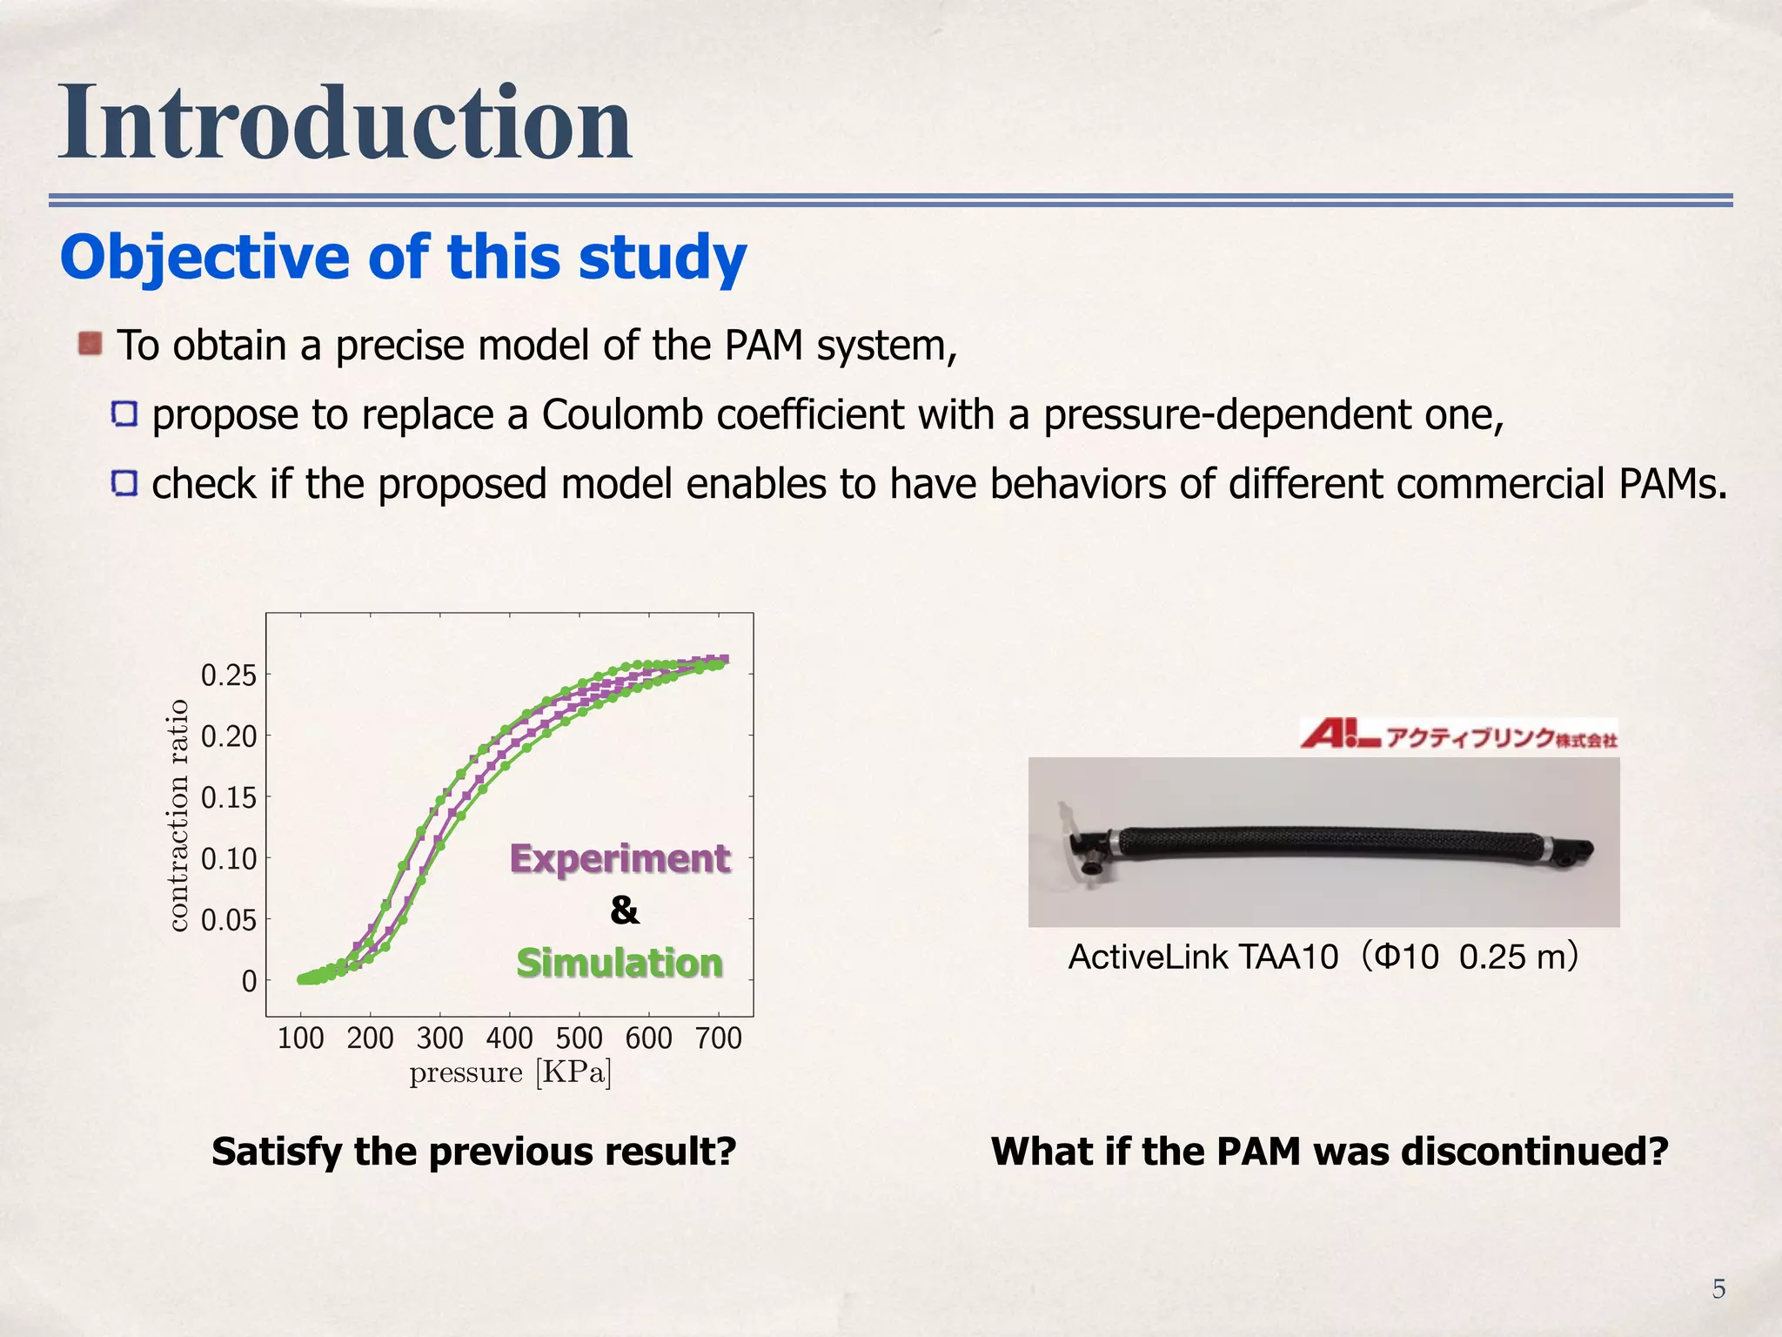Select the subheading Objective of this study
403,258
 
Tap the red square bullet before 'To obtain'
90,344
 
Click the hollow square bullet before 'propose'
124,414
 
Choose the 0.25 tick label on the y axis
229,675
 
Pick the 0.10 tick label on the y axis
229,859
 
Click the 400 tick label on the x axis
509,1038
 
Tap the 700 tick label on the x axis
718,1038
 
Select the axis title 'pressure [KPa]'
510,1072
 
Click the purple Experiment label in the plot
620,858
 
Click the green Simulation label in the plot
620,963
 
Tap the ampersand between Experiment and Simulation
624,910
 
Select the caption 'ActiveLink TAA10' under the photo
1203,957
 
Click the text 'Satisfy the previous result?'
474,1151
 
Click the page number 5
1718,1288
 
